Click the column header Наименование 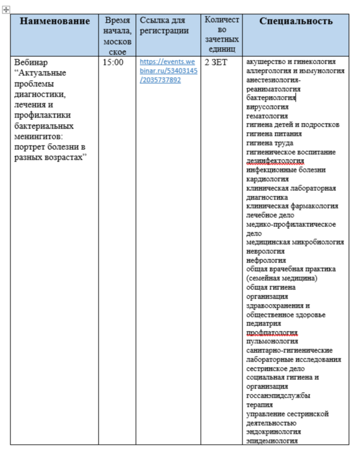[x=54, y=21]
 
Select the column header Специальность [x=296, y=21]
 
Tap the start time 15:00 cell [x=113, y=62]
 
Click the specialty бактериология [x=271, y=97]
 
